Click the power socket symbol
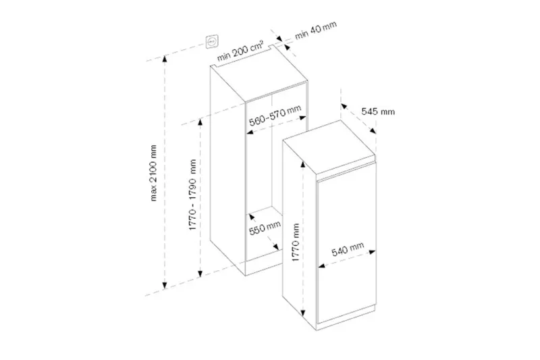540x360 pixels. point(211,42)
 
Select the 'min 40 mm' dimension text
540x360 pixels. point(316,30)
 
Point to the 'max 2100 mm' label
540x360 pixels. point(153,173)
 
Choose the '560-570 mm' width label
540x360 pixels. point(275,115)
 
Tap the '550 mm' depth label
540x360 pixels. point(265,228)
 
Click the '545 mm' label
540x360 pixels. point(378,111)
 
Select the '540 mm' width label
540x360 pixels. point(348,249)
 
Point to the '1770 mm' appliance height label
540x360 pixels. point(296,242)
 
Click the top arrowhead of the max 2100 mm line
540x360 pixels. point(165,59)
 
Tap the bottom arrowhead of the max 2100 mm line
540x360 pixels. point(165,285)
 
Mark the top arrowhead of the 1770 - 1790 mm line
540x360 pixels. point(200,122)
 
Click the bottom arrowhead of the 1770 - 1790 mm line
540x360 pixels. point(200,274)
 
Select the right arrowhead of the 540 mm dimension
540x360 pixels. point(372,252)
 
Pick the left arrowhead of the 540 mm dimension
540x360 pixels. point(322,265)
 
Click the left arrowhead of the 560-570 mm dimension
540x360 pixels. point(250,132)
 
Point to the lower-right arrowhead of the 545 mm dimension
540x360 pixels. point(373,130)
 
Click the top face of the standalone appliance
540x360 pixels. point(329,147)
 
